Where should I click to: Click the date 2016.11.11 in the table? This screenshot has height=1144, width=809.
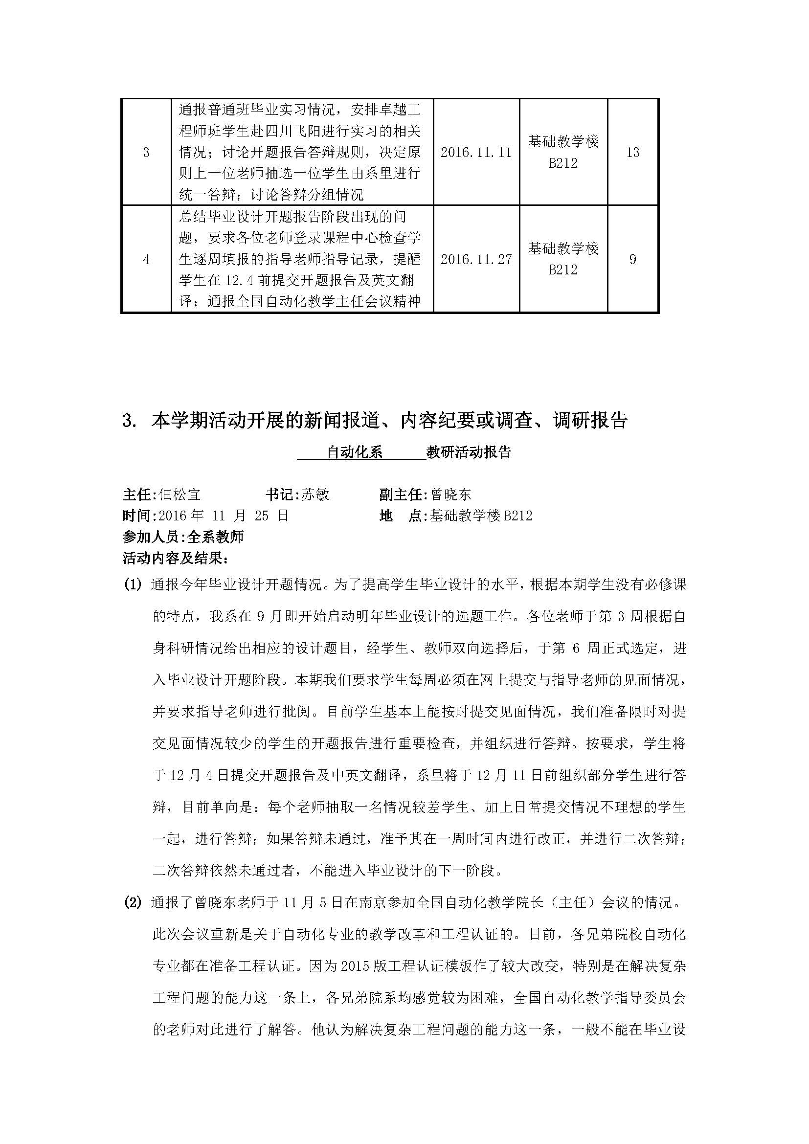pyautogui.click(x=476, y=152)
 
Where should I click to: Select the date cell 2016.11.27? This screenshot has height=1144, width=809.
pyautogui.click(x=476, y=259)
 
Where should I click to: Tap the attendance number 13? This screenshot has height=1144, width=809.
pyautogui.click(x=632, y=152)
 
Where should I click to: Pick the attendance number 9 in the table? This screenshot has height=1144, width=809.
pyautogui.click(x=632, y=259)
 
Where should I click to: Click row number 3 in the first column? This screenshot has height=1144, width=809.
pyautogui.click(x=146, y=152)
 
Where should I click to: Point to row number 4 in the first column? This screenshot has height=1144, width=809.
pyautogui.click(x=146, y=259)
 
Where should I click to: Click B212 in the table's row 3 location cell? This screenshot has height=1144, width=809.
pyautogui.click(x=563, y=163)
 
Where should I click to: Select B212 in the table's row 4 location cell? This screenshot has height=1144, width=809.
pyautogui.click(x=563, y=270)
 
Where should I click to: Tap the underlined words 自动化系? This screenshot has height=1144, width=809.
pyautogui.click(x=354, y=452)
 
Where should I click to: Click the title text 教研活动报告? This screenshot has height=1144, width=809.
pyautogui.click(x=469, y=452)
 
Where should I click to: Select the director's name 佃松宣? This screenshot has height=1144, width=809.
pyautogui.click(x=180, y=494)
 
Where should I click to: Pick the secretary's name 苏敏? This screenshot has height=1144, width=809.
pyautogui.click(x=315, y=494)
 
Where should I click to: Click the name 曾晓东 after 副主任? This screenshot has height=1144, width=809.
pyautogui.click(x=451, y=494)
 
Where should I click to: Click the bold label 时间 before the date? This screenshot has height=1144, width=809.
pyautogui.click(x=136, y=516)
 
